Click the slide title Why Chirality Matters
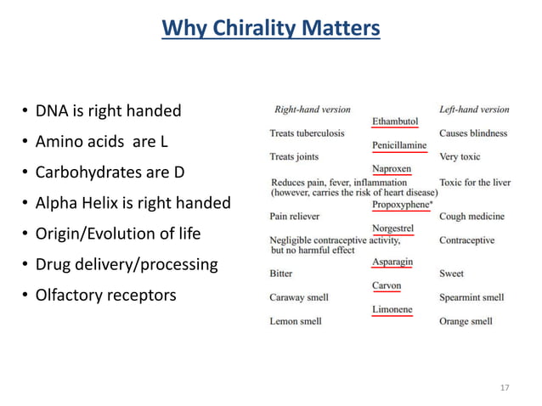(270, 29)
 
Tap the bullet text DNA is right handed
(108, 111)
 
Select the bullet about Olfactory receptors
(105, 296)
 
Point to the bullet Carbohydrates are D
(110, 172)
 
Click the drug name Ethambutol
(395, 121)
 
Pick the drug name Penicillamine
(399, 145)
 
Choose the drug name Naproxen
(391, 169)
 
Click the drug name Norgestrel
(393, 228)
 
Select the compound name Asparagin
(392, 262)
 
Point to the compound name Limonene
(392, 309)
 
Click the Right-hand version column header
(312, 110)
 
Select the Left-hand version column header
(474, 110)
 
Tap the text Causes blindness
(473, 133)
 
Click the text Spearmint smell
(471, 297)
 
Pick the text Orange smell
(466, 321)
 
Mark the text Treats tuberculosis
(307, 133)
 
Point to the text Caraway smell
(299, 297)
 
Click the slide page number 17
(505, 388)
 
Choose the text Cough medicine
(471, 217)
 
